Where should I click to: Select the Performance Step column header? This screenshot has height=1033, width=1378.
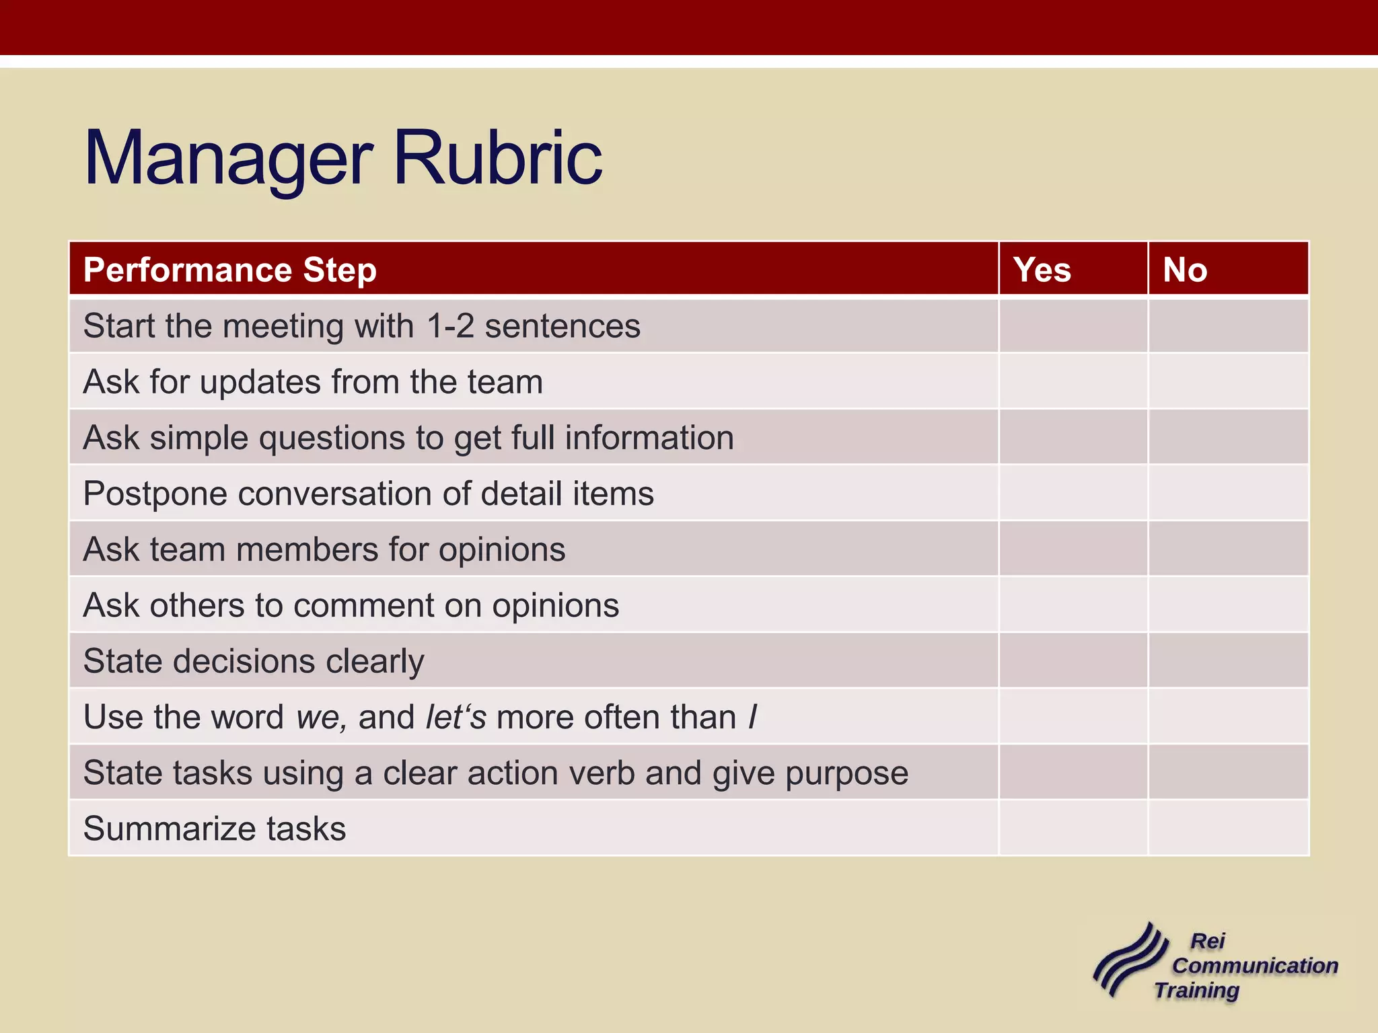229,270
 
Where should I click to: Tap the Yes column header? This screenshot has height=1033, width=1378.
1042,270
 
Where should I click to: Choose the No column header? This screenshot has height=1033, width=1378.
1185,270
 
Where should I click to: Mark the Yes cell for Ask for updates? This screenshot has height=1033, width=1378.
1073,381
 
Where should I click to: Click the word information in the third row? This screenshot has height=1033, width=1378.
649,438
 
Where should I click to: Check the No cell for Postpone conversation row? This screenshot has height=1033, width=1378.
1228,493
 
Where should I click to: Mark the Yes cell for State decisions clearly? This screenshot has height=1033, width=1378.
1073,660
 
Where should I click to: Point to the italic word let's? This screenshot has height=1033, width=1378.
456,717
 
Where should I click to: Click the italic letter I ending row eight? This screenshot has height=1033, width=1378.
752,717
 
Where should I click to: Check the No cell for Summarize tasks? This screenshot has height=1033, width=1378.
1228,828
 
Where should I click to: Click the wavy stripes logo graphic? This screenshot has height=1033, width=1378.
1130,960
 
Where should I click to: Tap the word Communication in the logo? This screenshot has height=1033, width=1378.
1255,966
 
